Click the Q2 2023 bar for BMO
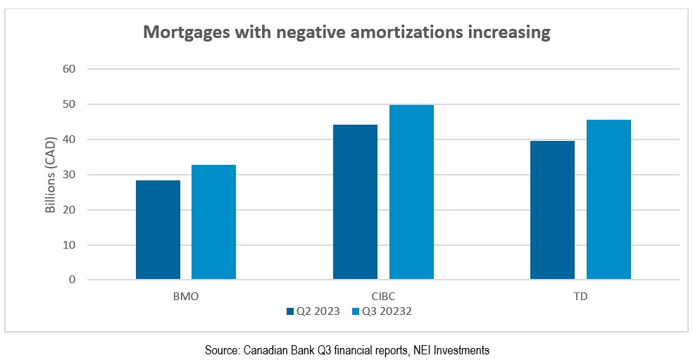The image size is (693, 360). click(x=158, y=230)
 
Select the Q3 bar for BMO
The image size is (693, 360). click(x=213, y=223)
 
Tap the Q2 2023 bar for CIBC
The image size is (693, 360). click(x=355, y=202)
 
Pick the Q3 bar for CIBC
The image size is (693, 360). click(x=411, y=192)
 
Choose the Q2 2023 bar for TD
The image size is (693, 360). click(x=553, y=211)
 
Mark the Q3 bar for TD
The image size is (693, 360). click(x=608, y=200)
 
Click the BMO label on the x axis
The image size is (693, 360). click(x=185, y=297)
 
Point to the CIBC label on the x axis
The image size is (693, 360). click(x=383, y=297)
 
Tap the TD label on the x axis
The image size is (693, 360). click(x=580, y=297)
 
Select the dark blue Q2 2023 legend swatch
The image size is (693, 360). click(x=290, y=311)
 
